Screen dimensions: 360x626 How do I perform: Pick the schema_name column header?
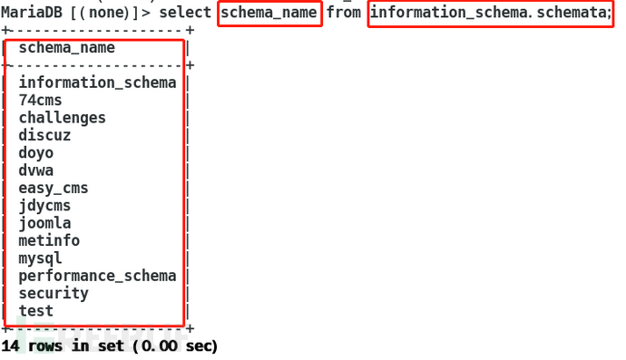(x=66, y=48)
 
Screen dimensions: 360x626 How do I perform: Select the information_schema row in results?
(x=97, y=83)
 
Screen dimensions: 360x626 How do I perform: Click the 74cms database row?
(x=40, y=100)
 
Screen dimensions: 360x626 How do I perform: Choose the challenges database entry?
(x=62, y=118)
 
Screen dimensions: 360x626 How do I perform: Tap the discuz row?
(x=44, y=135)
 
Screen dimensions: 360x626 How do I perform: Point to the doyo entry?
(x=35, y=152)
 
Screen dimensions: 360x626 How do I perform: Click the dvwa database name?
(x=35, y=170)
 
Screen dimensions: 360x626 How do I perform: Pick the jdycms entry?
(x=44, y=206)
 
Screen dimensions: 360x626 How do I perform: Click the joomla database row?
(x=44, y=223)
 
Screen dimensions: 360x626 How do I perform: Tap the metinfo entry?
(x=49, y=240)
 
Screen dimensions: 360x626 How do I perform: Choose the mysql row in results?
(x=40, y=258)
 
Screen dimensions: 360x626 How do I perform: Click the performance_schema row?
(x=97, y=276)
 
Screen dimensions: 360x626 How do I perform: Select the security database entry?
(x=54, y=293)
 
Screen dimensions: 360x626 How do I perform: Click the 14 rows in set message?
(x=109, y=346)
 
